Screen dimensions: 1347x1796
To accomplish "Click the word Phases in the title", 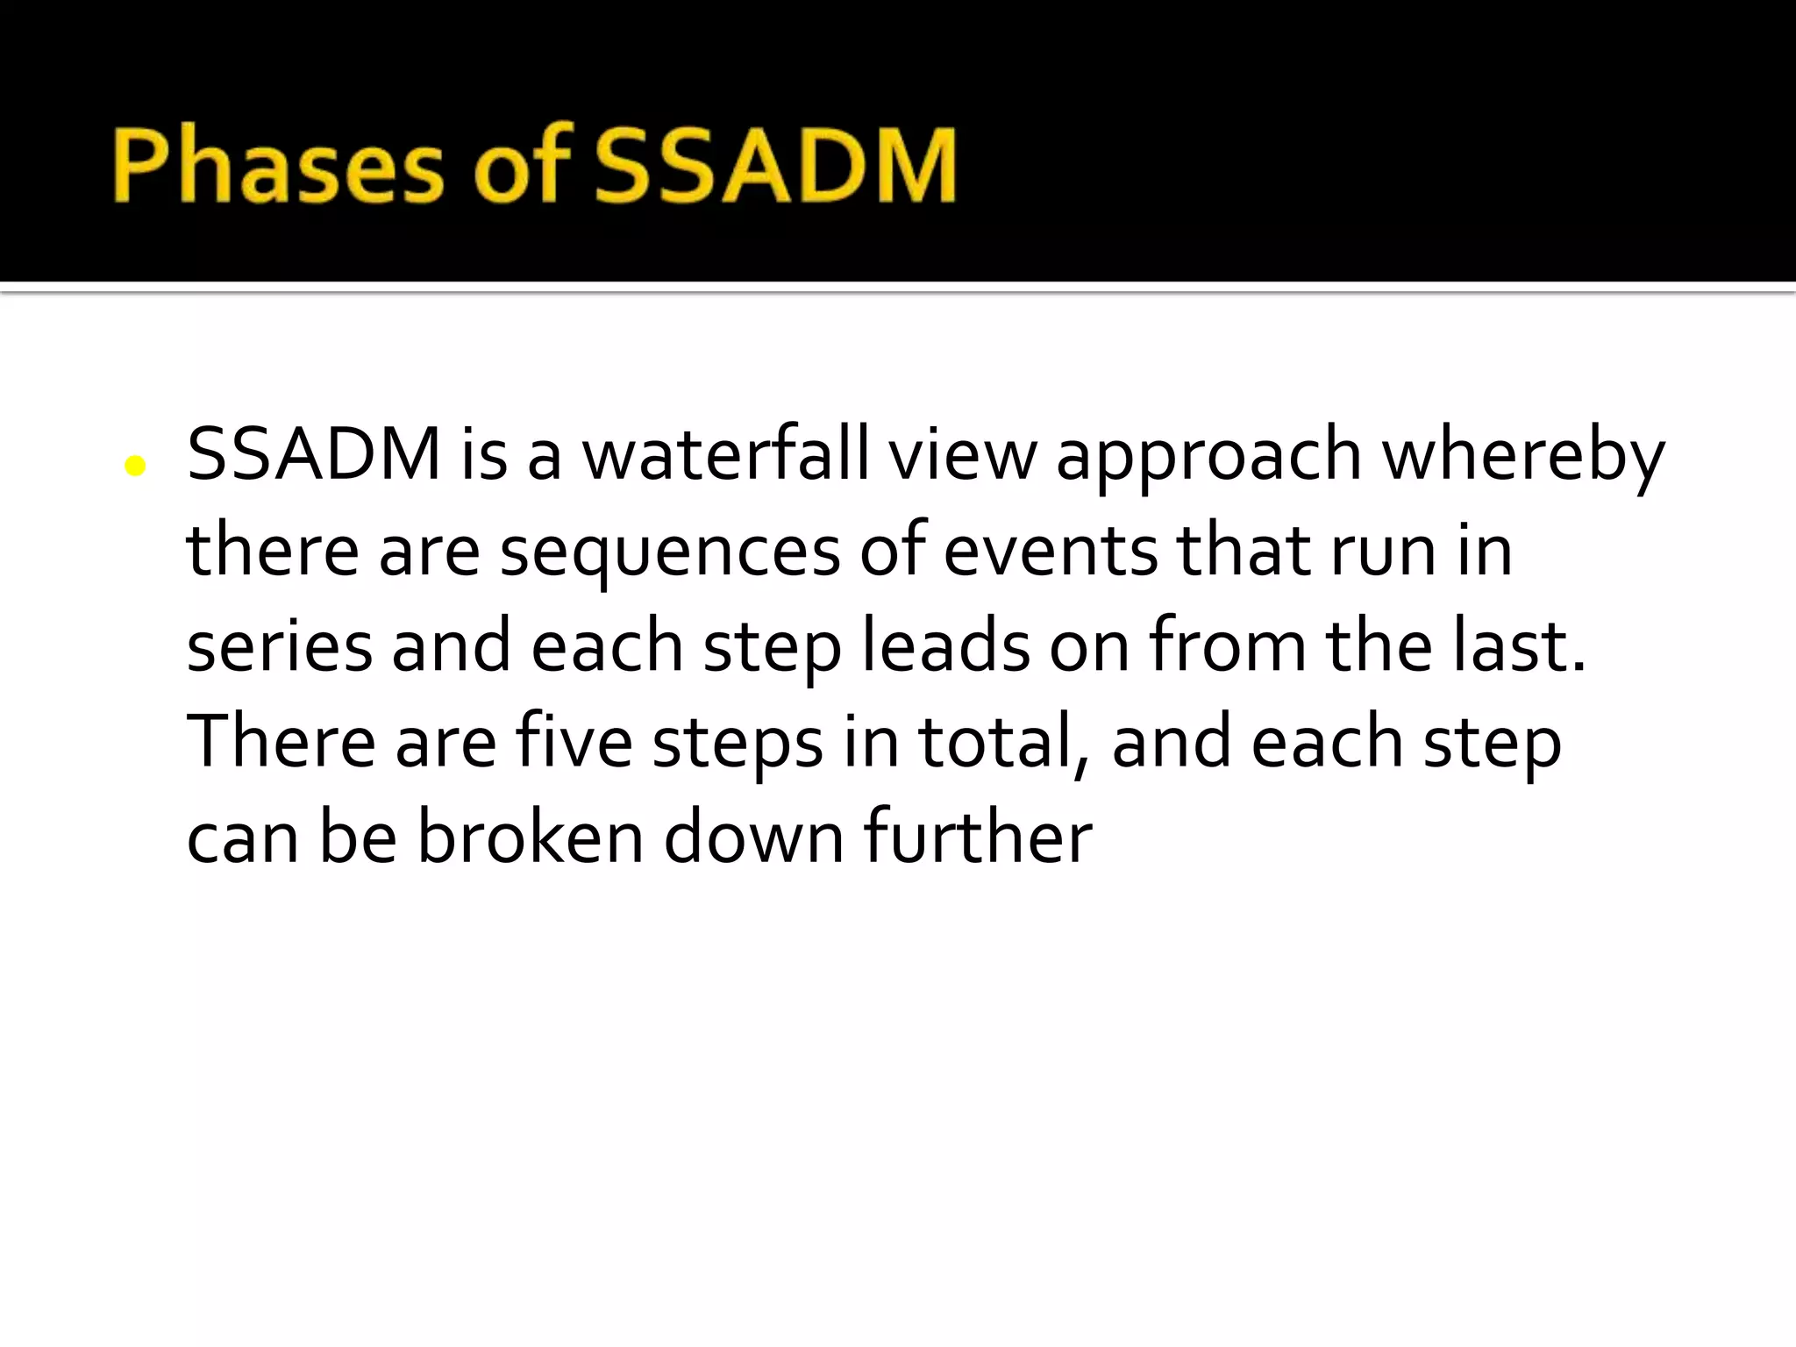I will [278, 166].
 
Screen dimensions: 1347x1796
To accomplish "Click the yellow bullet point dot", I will [135, 466].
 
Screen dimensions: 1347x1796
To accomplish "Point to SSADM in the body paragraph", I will [314, 454].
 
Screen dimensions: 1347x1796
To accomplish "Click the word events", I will [1051, 551].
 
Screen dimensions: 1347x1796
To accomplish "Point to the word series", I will [279, 646].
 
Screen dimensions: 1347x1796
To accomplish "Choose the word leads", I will [946, 646].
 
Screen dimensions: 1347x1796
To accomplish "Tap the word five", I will [574, 742].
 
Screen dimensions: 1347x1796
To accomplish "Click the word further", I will [978, 837].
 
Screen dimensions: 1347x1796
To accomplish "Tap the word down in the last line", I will [754, 837].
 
